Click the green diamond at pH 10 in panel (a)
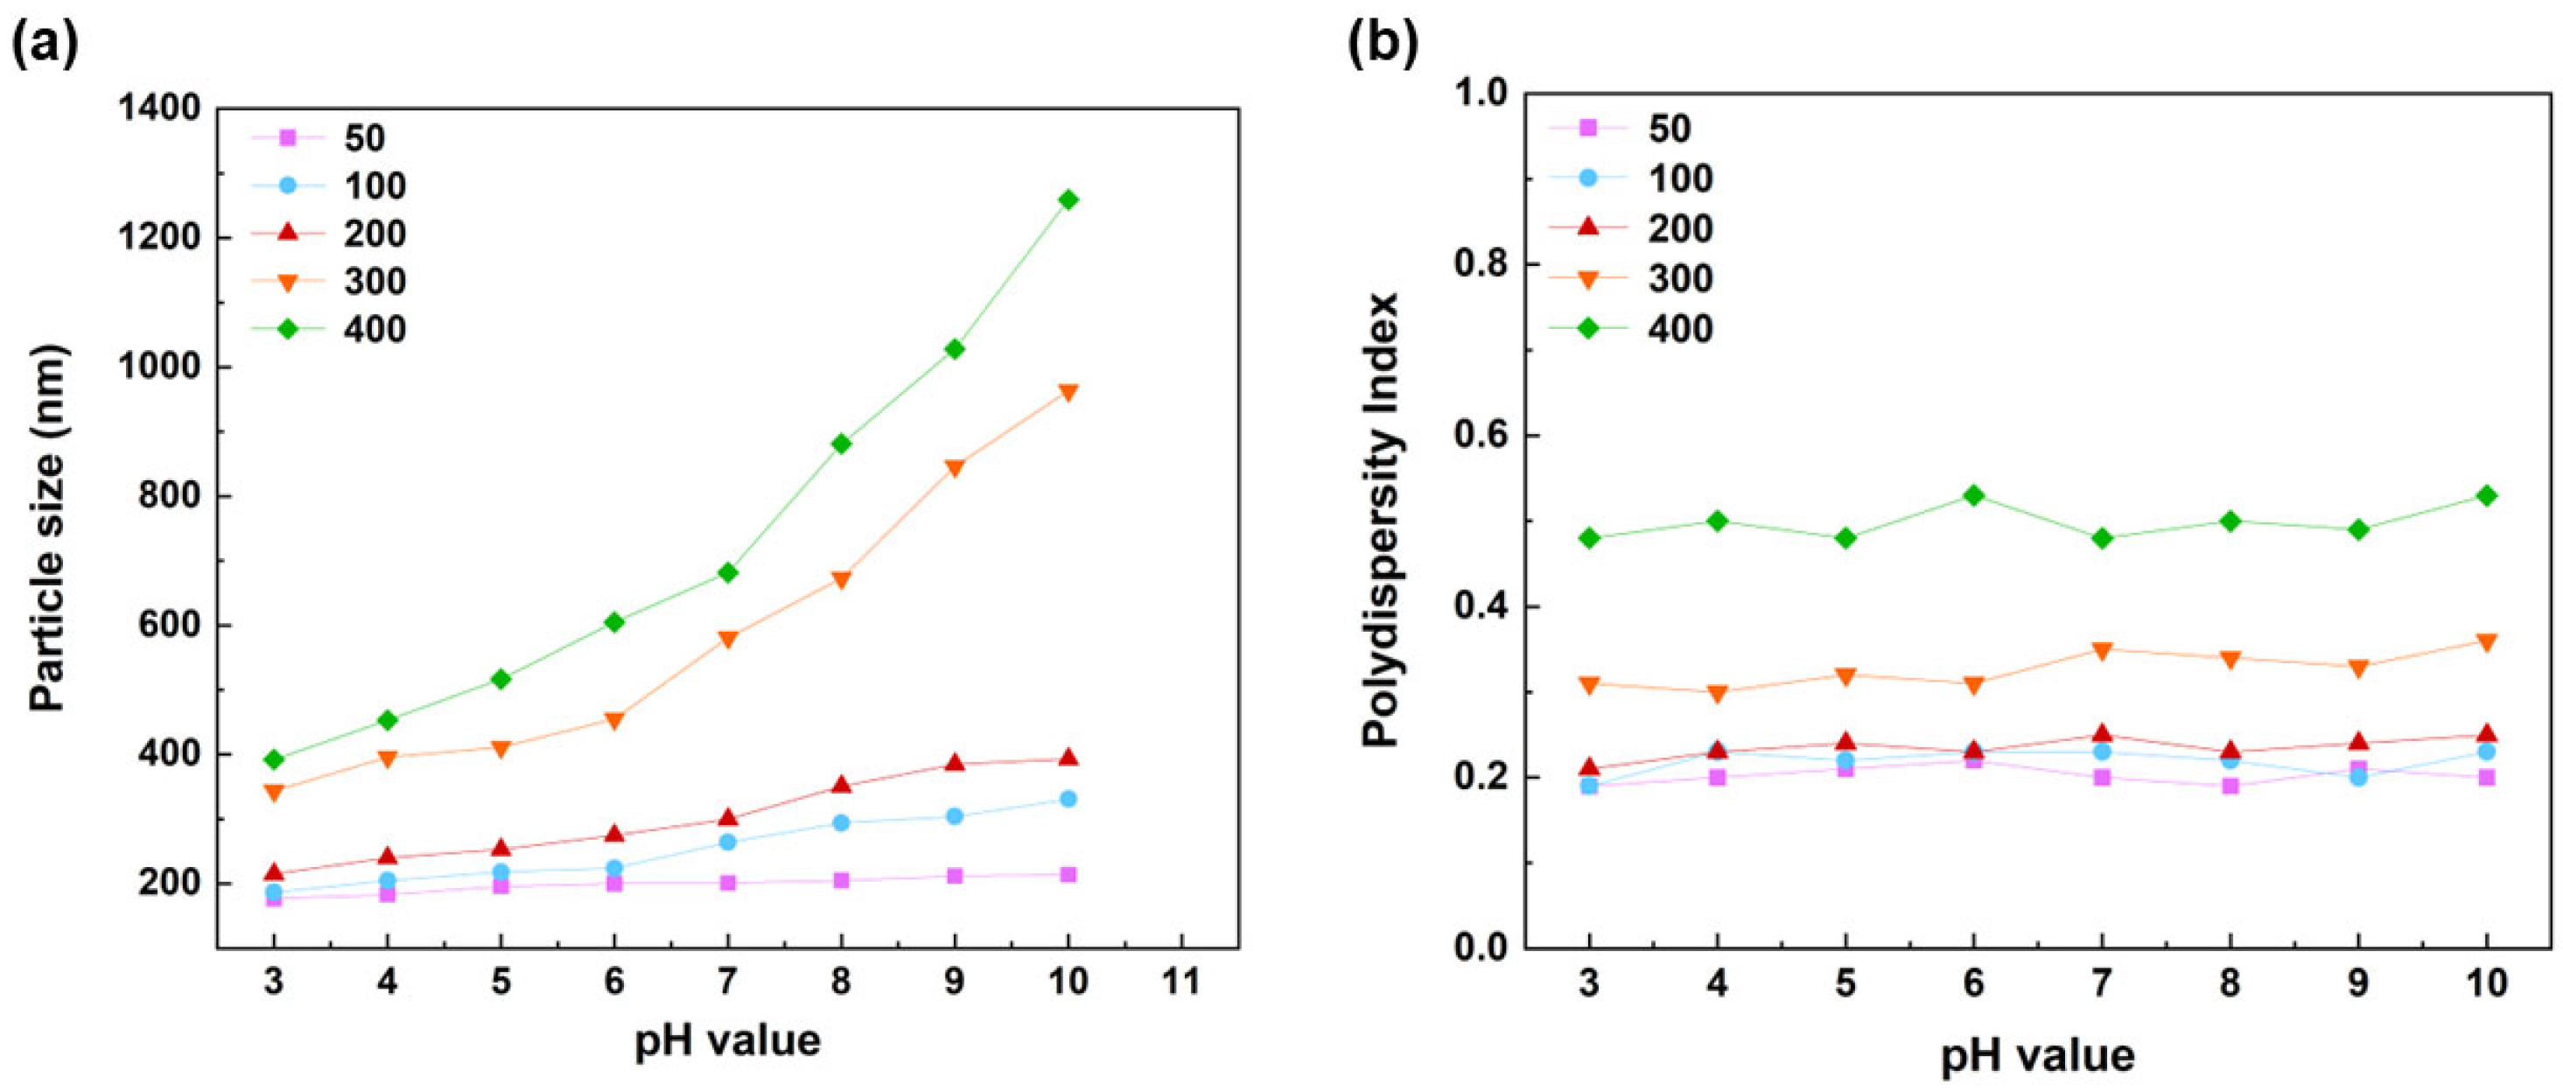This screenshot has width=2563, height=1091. [1068, 199]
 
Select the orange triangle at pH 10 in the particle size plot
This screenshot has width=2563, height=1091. [1068, 392]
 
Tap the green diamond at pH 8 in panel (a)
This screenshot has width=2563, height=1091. [841, 444]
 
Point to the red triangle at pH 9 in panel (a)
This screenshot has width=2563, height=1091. [954, 763]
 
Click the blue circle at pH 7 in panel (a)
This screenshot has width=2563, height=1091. [727, 843]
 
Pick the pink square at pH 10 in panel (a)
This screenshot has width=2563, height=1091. [1068, 875]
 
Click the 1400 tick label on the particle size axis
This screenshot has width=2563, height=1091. [159, 109]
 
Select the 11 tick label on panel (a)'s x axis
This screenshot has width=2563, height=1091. [1181, 983]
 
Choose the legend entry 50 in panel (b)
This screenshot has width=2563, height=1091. [1670, 129]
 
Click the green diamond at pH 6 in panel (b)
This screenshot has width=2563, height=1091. [1974, 495]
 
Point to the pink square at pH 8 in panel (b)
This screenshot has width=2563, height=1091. [2230, 786]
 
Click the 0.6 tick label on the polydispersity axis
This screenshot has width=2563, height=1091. [1481, 436]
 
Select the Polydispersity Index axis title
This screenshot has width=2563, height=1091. [1382, 521]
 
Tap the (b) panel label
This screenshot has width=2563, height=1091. [1382, 45]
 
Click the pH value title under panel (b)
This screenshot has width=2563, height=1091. [2037, 1056]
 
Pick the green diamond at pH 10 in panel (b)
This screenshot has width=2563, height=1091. [2486, 495]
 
